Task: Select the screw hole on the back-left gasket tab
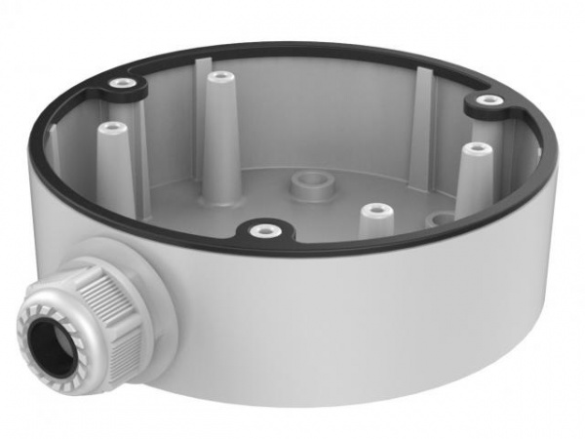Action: coord(121,85)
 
